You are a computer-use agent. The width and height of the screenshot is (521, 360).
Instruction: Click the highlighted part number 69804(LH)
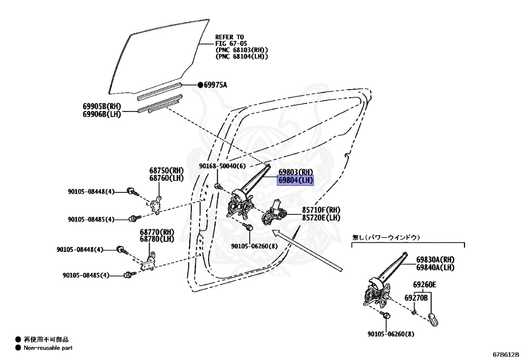coord(296,181)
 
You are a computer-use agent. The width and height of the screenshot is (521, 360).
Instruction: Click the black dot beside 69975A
coord(200,85)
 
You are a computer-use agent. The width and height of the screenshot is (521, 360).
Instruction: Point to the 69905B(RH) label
coord(101,106)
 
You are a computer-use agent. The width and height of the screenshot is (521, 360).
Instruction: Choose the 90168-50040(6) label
coord(222,167)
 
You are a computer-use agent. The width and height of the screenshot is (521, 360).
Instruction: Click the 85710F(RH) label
coord(321,210)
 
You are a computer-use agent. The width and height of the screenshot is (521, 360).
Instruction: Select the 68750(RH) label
coord(166,171)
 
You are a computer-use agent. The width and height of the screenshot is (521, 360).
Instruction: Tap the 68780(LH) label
coord(157,239)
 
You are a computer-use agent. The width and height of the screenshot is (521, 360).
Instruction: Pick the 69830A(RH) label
coord(435,260)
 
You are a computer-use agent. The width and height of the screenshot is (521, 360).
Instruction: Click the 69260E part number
coord(424,286)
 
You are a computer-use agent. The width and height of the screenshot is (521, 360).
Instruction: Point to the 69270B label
coord(416,297)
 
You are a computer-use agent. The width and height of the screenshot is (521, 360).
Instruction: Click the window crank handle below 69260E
coord(434,321)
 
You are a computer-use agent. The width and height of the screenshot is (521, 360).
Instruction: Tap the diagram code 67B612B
coord(505,353)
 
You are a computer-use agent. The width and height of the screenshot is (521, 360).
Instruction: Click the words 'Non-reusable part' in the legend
coord(48,348)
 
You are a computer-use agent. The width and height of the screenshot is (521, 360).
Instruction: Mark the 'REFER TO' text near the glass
coord(229,37)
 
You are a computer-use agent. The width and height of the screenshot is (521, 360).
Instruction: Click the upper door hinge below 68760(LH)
coord(156,203)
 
